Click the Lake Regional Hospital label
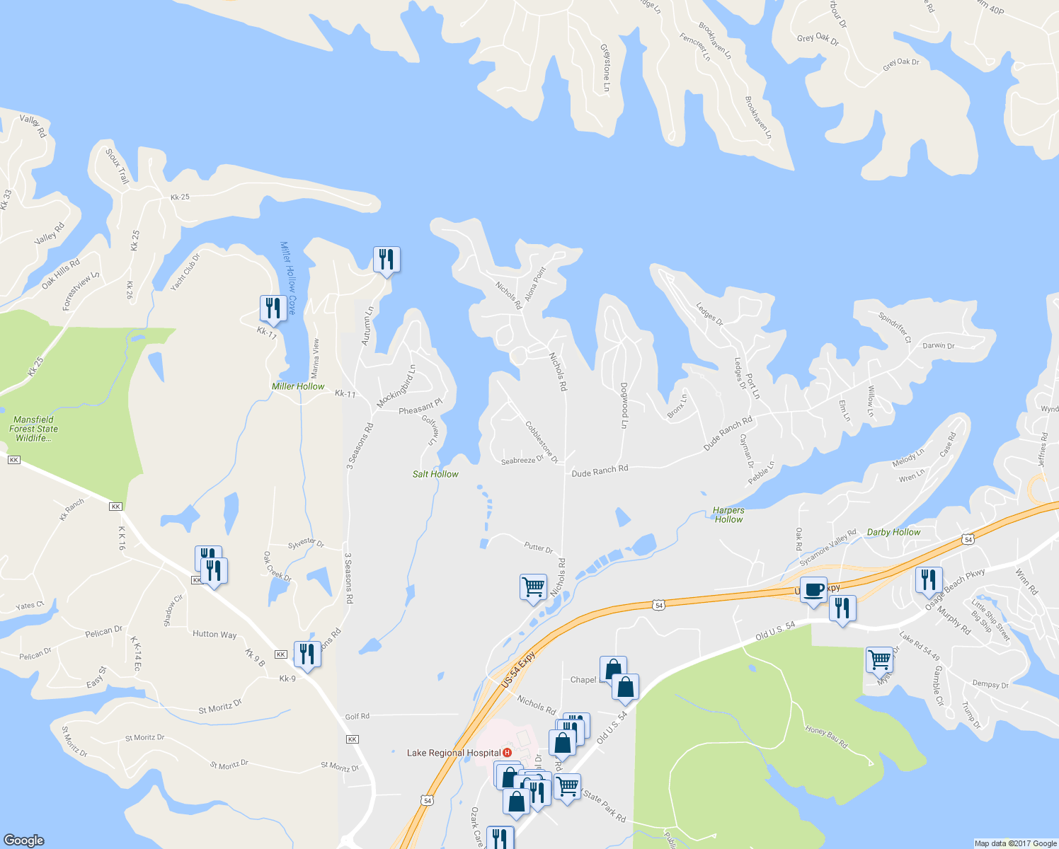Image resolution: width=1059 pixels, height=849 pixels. tap(454, 753)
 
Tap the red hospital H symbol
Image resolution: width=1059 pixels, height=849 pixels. tap(507, 753)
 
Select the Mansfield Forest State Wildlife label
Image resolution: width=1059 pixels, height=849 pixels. tap(33, 429)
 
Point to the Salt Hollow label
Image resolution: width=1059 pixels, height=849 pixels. tap(435, 474)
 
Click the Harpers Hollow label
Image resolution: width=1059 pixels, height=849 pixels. tap(728, 514)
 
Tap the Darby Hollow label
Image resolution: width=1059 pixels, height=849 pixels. tap(893, 532)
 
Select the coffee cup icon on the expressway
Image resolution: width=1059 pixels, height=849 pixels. tap(813, 590)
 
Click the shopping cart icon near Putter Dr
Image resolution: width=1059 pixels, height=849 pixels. tap(533, 587)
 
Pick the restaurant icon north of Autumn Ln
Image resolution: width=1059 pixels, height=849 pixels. tap(387, 260)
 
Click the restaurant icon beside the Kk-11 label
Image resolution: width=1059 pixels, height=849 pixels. tap(273, 308)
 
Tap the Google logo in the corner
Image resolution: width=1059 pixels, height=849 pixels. tap(23, 840)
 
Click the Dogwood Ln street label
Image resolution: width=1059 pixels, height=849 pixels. tap(624, 405)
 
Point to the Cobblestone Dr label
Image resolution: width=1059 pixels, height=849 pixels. tap(542, 442)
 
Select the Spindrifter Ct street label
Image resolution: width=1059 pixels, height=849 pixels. tap(895, 328)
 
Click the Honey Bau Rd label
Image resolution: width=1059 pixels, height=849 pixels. tap(826, 737)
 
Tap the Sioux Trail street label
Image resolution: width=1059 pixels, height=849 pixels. tap(118, 166)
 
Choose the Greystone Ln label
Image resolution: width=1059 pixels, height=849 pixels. tap(605, 68)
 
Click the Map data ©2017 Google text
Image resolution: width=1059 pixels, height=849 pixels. tap(1015, 843)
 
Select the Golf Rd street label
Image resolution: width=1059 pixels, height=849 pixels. tap(357, 716)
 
